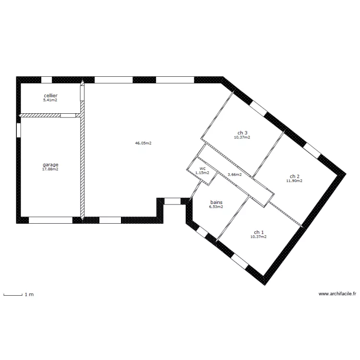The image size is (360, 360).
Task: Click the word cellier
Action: click(x=50, y=96)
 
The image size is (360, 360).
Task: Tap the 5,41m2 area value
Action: click(x=50, y=100)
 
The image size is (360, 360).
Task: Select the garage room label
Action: click(x=50, y=165)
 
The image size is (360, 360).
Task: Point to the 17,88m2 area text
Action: click(x=50, y=169)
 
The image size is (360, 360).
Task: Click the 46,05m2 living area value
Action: click(x=143, y=143)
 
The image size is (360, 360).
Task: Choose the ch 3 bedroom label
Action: click(x=242, y=133)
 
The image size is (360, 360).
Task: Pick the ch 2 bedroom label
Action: click(x=295, y=176)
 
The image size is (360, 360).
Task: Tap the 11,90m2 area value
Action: click(x=294, y=181)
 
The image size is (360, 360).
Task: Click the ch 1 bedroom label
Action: click(x=259, y=232)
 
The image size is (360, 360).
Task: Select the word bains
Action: click(x=216, y=202)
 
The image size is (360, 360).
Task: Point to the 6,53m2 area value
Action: click(x=216, y=207)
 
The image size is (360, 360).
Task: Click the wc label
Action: click(x=203, y=169)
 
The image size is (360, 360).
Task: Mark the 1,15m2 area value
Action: click(x=202, y=173)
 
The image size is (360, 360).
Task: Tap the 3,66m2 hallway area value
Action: click(x=234, y=175)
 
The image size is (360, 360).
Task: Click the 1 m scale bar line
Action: click(x=13, y=295)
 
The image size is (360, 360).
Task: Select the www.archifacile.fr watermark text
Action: click(x=337, y=294)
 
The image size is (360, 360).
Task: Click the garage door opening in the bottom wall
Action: click(x=50, y=220)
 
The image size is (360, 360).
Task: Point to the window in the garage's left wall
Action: click(x=19, y=131)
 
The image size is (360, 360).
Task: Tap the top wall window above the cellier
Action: click(x=47, y=80)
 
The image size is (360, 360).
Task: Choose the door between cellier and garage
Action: click(x=68, y=116)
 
